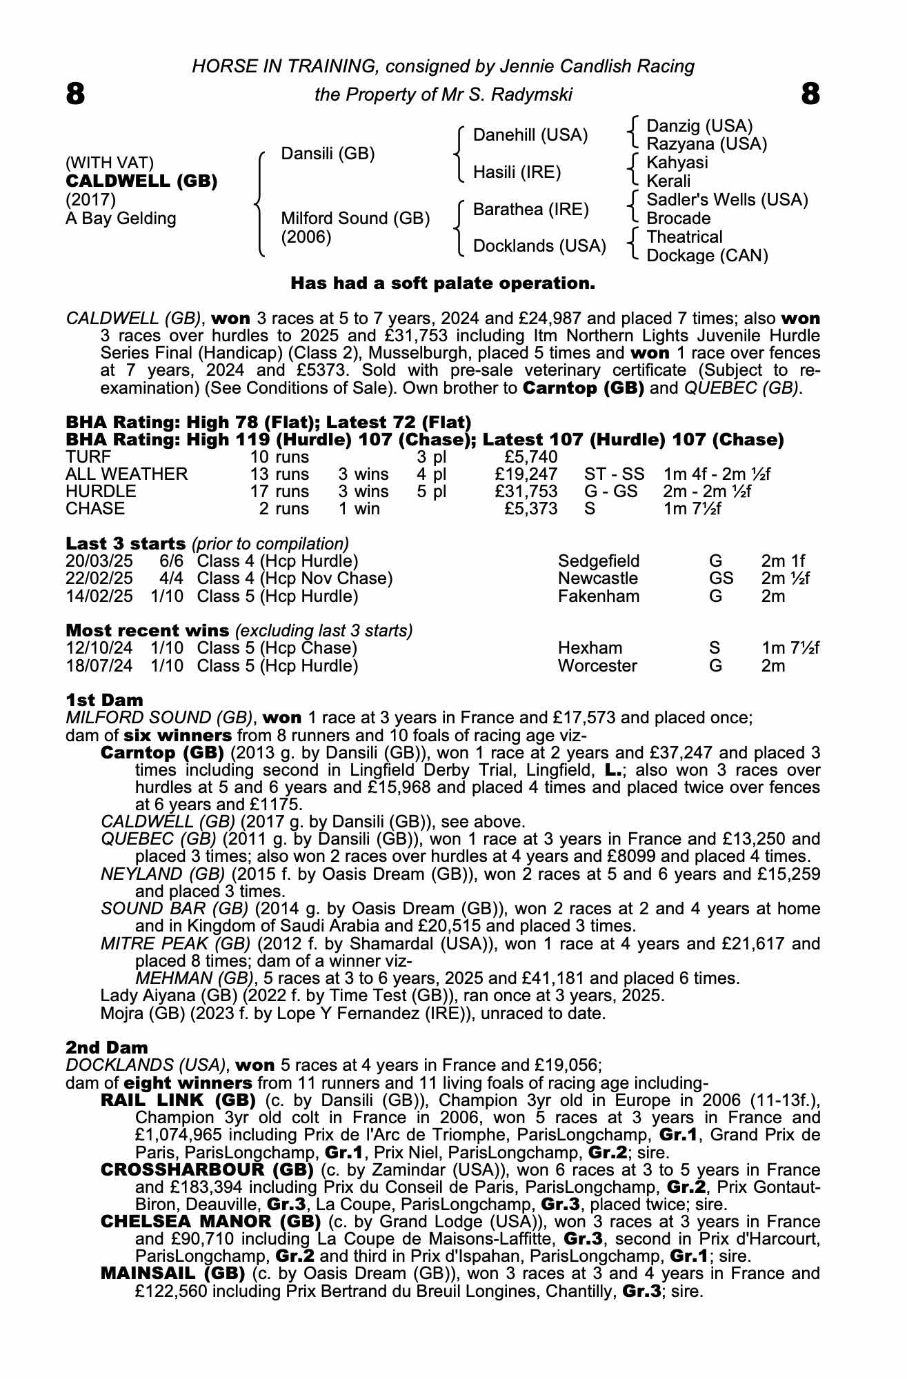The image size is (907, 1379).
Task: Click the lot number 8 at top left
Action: (76, 94)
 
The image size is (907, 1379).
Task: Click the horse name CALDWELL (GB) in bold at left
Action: (141, 181)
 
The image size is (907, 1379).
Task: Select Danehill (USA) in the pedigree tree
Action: (530, 135)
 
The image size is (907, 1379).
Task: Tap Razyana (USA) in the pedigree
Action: (707, 144)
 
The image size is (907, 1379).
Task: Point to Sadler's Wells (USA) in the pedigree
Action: (727, 200)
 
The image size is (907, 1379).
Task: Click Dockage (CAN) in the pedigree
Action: (707, 256)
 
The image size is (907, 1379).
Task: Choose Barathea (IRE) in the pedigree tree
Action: (531, 210)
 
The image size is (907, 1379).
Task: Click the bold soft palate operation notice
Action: (443, 283)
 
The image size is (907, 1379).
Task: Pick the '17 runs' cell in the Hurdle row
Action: (279, 492)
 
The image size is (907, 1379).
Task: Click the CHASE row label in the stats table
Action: (95, 509)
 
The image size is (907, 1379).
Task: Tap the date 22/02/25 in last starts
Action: (99, 578)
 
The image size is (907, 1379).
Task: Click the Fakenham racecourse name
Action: (599, 596)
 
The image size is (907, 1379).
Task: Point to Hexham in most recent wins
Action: (590, 648)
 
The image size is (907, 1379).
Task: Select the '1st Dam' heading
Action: (104, 700)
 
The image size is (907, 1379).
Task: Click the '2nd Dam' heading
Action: (106, 1048)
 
